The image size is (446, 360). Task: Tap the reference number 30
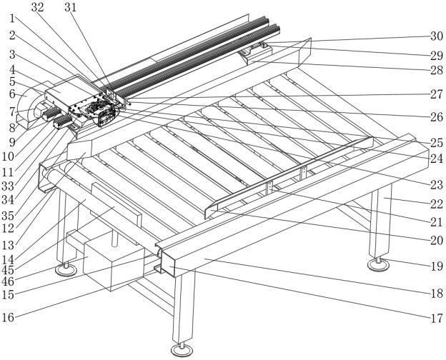(436, 36)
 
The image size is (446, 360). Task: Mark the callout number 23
(436, 184)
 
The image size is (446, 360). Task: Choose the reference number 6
(12, 94)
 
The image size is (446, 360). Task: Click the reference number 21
(436, 222)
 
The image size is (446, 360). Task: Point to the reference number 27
(436, 93)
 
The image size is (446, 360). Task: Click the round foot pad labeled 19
(379, 265)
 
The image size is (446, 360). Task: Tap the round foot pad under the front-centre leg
(181, 350)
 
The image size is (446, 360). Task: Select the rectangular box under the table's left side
(107, 266)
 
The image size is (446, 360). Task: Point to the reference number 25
(436, 143)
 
